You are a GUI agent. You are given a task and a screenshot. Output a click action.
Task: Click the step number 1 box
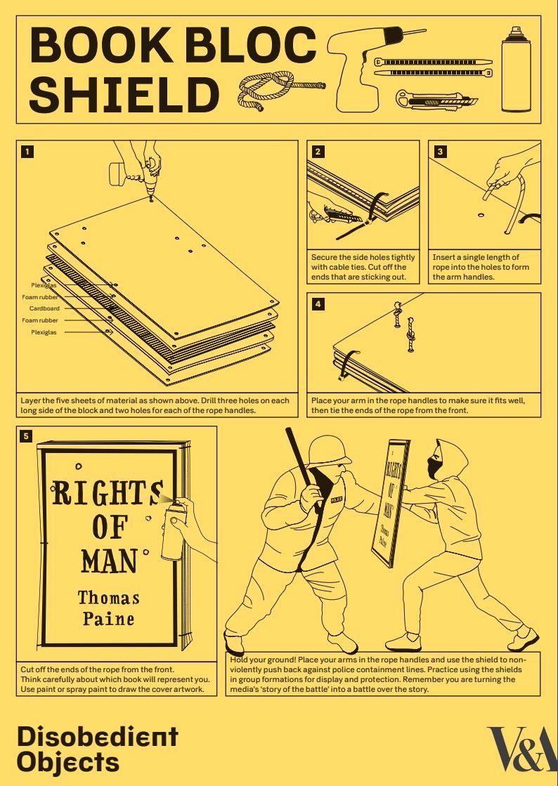27,152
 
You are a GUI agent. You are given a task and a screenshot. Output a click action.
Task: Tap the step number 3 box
440,152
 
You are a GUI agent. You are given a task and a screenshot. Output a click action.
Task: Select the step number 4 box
318,303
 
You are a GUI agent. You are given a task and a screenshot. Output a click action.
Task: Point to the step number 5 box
26,436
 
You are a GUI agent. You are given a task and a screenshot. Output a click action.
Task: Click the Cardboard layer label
44,308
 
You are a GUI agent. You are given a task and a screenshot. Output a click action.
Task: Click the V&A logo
522,749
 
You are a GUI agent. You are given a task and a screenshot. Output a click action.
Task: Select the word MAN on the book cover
109,561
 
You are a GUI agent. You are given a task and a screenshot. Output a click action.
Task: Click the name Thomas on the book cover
109,598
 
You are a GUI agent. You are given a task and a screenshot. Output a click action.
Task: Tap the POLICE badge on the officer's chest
337,499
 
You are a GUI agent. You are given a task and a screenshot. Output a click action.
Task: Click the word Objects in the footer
68,762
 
